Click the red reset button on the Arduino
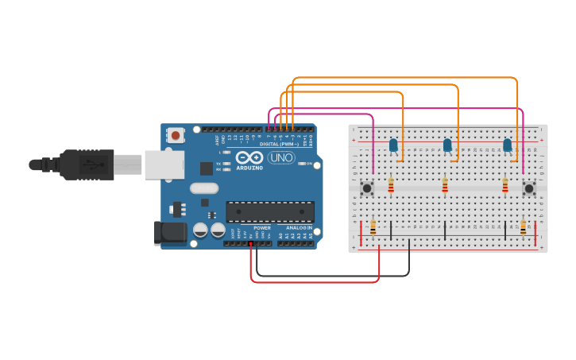176,136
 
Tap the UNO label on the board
280,158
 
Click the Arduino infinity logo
249,157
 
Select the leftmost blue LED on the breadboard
393,145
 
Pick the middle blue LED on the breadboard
447,145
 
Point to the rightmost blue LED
507,145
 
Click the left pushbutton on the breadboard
367,188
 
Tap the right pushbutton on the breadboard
528,188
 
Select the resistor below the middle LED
445,186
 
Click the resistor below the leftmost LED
391,186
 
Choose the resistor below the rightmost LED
504,186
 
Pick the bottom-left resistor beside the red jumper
373,228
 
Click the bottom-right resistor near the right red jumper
523,228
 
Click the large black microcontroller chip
270,211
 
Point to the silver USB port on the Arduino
164,165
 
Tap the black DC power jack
169,233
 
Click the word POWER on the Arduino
262,228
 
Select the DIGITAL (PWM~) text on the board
280,144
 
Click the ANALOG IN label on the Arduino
300,228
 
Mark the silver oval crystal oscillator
204,188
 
